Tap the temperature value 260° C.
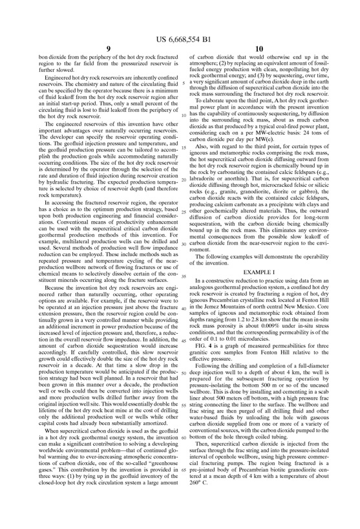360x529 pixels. coord(198,510)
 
